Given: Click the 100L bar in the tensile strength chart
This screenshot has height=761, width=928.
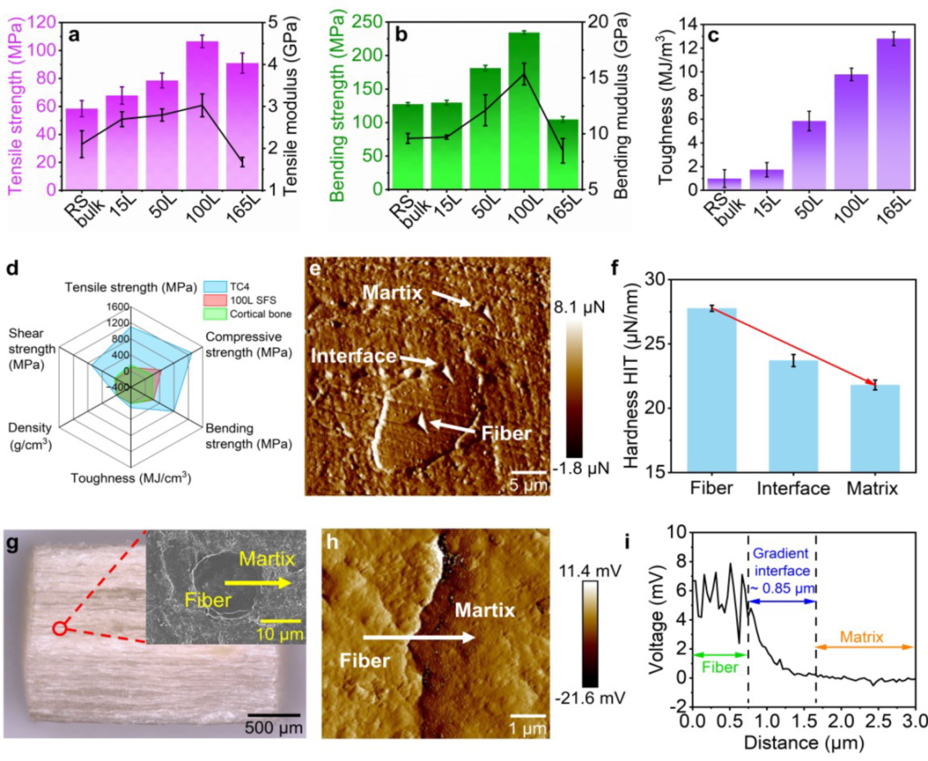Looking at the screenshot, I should coord(203,115).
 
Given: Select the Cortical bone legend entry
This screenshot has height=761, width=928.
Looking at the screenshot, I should coord(259,315).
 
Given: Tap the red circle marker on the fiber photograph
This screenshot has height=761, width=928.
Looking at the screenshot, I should coord(59,629).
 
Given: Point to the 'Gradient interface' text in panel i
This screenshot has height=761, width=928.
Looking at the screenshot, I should coord(781,564).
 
